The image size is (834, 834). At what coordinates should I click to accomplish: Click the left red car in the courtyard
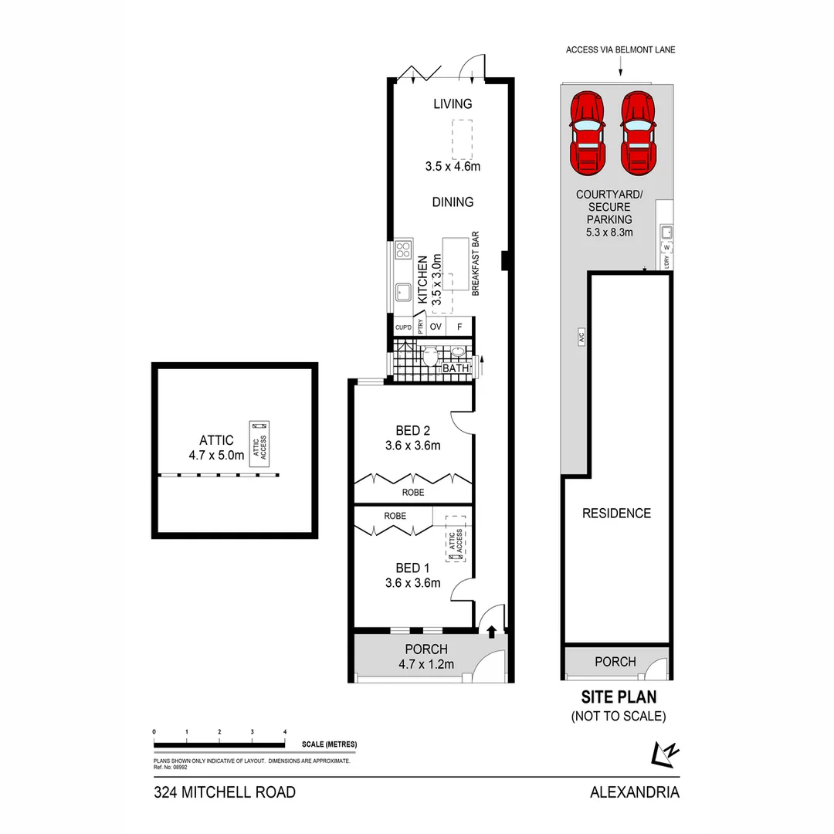click(587, 134)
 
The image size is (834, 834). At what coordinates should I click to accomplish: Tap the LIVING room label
click(453, 104)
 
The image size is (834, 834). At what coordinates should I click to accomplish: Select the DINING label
click(453, 202)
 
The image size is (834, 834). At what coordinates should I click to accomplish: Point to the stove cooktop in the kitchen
click(403, 249)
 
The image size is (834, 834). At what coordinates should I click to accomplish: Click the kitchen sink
click(403, 293)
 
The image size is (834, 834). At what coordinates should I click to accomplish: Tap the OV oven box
click(436, 327)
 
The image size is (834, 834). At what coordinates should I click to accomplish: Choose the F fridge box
click(459, 327)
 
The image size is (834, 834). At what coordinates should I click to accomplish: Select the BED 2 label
click(412, 431)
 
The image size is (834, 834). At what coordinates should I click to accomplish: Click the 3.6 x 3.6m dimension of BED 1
click(412, 583)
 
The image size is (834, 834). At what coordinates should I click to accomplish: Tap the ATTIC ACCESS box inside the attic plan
click(258, 442)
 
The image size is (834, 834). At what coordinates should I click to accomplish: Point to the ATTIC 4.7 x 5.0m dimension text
click(216, 456)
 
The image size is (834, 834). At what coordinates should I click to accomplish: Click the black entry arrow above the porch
click(492, 632)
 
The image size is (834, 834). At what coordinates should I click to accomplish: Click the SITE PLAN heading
click(618, 697)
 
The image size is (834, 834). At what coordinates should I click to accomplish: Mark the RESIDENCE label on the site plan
click(616, 514)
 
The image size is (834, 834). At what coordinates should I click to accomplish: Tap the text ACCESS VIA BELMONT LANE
click(621, 50)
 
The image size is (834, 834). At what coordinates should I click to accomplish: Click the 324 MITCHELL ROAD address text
click(225, 792)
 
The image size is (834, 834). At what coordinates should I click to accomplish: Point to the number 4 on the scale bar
click(285, 731)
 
